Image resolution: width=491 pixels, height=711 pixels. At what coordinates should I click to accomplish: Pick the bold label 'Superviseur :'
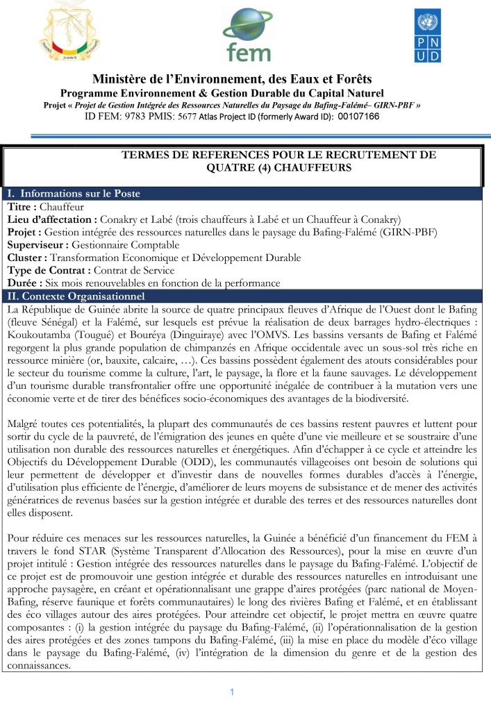coord(39,244)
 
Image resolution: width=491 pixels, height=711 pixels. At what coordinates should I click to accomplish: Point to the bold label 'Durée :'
coord(25,283)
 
